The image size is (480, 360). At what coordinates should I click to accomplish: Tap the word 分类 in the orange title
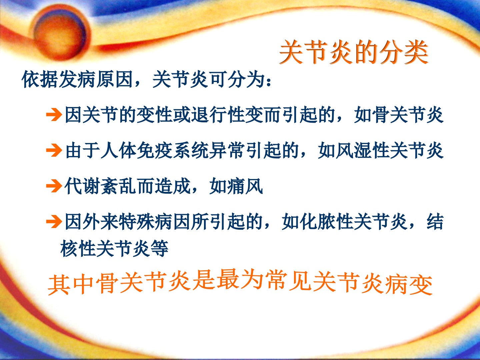point(404,52)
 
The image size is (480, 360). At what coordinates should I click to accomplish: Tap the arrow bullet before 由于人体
point(54,150)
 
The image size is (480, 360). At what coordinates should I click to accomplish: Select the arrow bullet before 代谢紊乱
point(54,186)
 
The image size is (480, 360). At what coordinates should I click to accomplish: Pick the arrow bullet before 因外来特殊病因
point(54,222)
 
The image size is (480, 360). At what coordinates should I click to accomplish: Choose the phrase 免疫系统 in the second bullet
point(173,150)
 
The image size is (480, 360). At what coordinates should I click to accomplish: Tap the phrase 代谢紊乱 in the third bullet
point(101,186)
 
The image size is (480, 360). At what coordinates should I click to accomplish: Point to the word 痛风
point(245,186)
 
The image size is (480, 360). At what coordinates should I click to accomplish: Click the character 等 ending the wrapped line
point(160,248)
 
